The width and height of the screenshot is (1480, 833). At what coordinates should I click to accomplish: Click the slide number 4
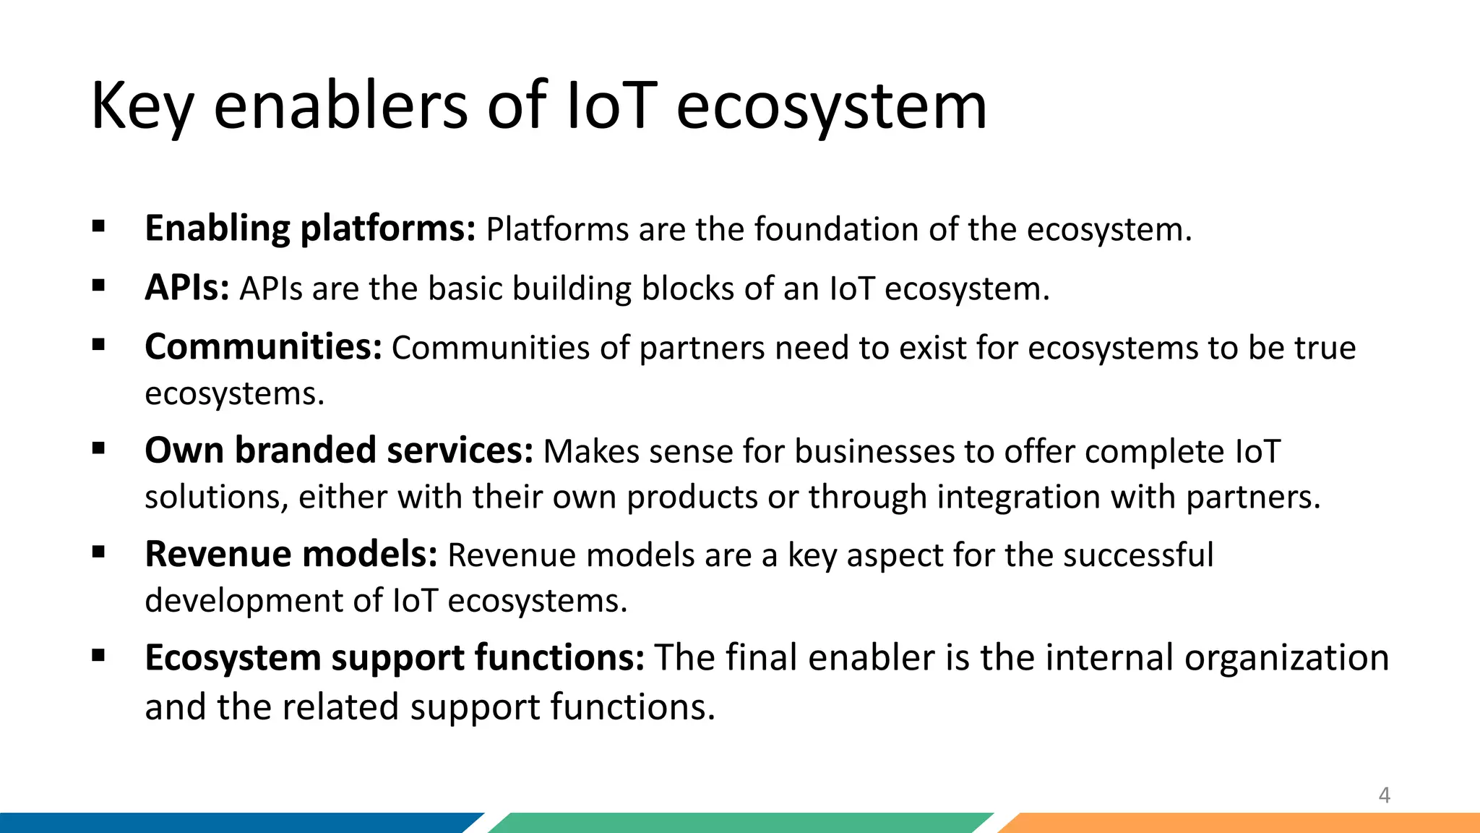coord(1384,795)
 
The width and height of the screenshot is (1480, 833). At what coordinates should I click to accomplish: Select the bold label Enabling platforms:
coord(310,229)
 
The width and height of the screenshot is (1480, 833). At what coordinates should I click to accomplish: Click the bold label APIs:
coord(187,289)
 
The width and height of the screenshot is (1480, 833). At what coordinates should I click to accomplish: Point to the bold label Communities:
coord(263,348)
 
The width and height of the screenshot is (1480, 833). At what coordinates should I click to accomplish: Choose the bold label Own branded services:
coord(339,451)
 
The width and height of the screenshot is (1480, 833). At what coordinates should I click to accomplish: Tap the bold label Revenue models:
coord(291,555)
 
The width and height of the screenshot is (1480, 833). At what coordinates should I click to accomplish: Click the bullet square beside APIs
coord(99,286)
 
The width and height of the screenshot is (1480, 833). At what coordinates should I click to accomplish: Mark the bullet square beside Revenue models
coord(99,553)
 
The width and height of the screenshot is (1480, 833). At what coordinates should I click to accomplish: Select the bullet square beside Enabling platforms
coord(99,227)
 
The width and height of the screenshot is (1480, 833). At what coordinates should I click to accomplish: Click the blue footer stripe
coord(231,823)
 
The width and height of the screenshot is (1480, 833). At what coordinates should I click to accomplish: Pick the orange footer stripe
coord(1243,823)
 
